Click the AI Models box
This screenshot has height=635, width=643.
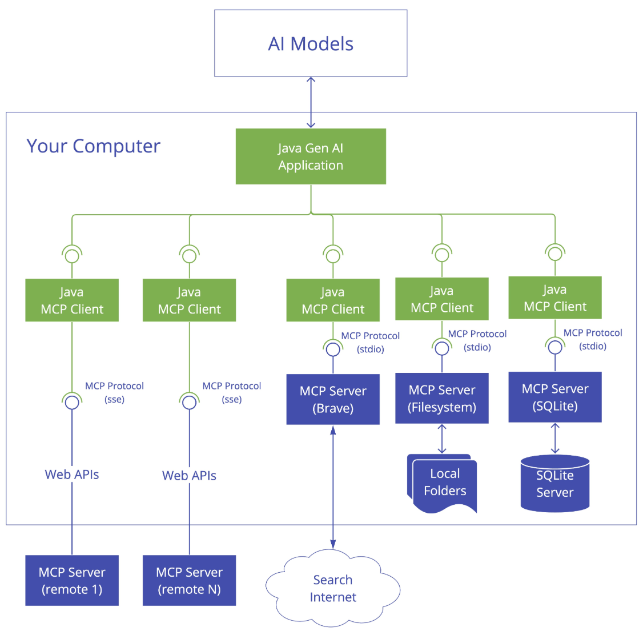point(311,43)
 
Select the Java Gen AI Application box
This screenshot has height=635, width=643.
point(311,156)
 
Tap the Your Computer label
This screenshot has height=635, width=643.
point(93,146)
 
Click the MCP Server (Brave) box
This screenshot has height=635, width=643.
point(332,399)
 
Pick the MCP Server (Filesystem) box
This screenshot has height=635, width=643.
point(441,397)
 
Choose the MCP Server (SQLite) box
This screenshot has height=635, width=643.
point(555,397)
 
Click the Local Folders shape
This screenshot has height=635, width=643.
point(442,483)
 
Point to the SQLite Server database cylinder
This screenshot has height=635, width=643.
point(555,483)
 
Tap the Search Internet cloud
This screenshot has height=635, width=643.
point(332,588)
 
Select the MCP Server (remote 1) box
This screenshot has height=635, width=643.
point(72,580)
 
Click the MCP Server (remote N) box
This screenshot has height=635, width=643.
point(189,580)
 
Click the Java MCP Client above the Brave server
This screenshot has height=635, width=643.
point(332,300)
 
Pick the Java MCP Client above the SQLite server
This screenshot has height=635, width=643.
point(555,298)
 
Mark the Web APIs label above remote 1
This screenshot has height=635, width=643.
point(72,475)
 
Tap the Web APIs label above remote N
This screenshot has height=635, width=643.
point(189,476)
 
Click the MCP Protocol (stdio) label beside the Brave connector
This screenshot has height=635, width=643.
point(370,342)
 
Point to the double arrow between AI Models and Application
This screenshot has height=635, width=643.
point(311,102)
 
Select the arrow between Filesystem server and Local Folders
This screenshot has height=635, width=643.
point(441,439)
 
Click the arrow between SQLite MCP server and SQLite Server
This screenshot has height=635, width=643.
point(555,438)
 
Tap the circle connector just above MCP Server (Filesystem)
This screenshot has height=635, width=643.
point(441,348)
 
